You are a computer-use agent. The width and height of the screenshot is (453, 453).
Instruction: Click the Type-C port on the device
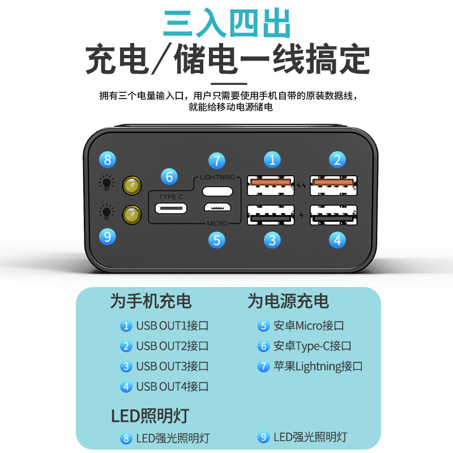[x=171, y=208]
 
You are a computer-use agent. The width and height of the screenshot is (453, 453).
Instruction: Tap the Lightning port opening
[x=217, y=191]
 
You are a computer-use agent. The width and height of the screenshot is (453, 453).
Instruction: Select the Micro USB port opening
[x=217, y=207]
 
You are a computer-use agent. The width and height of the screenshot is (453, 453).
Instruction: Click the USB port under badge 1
[x=271, y=186]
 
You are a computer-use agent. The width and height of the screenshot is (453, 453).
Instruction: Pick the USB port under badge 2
[x=334, y=186]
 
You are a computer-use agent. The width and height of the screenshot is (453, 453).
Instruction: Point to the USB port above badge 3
[x=271, y=215]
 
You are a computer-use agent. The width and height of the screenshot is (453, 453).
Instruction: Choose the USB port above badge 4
[x=334, y=215]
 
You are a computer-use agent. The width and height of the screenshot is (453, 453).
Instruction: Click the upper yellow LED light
[x=132, y=186]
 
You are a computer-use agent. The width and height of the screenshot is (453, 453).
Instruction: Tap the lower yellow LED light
[x=132, y=215]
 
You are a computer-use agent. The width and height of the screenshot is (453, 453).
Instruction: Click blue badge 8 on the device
[x=108, y=160]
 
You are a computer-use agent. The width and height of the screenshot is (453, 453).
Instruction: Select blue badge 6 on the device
[x=169, y=177]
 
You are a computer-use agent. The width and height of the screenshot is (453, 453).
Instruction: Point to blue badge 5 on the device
[x=217, y=240]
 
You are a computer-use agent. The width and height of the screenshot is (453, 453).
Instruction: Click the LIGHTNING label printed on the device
[x=217, y=177]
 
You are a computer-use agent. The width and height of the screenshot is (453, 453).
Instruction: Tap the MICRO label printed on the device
[x=217, y=223]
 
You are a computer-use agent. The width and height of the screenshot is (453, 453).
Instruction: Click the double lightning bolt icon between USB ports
[x=302, y=186]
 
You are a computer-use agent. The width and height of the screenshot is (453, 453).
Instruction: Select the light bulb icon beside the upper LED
[x=107, y=182]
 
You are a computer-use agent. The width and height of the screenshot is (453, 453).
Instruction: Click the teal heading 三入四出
[x=226, y=23]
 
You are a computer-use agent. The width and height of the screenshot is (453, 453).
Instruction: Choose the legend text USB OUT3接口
[x=172, y=366]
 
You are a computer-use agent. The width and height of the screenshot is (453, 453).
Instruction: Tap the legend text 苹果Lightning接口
[x=318, y=366]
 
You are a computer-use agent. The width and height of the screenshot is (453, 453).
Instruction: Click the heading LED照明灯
[x=150, y=416]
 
